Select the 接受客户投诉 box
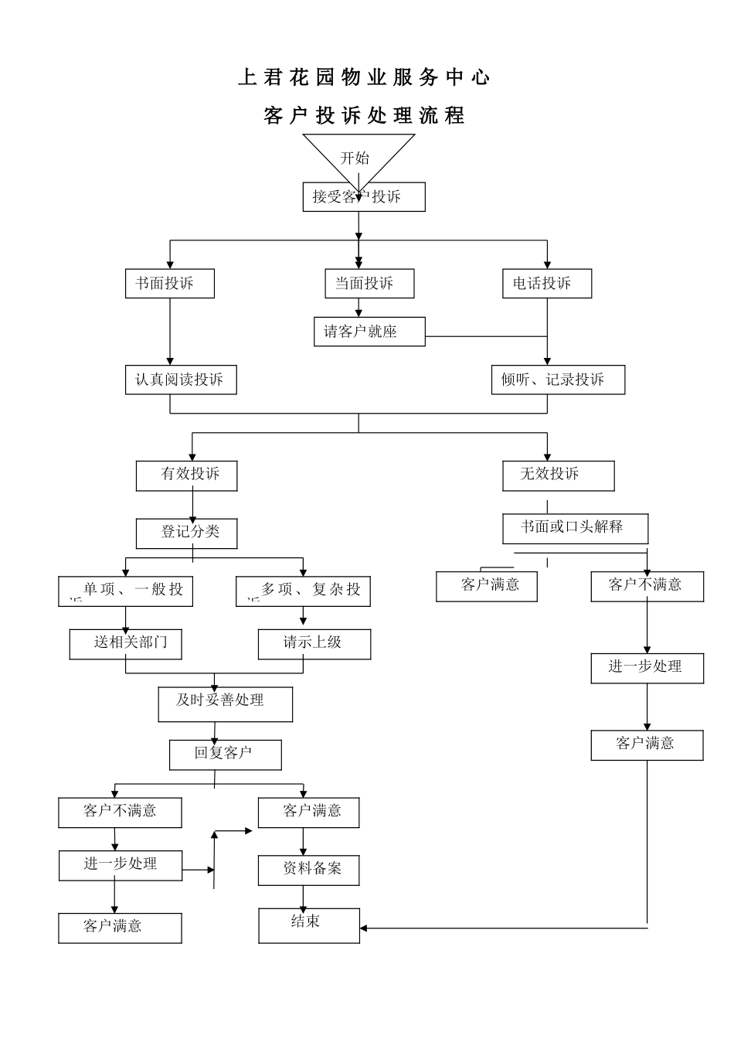[x=363, y=196]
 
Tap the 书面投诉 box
[x=169, y=284]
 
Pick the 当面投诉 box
[x=369, y=284]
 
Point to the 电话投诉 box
[x=546, y=284]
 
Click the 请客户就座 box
[x=369, y=332]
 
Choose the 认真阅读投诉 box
[x=181, y=380]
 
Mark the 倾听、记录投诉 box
[x=558, y=380]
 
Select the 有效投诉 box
[x=186, y=475]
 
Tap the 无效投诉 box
[x=558, y=475]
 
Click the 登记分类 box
[x=186, y=533]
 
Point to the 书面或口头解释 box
[x=575, y=528]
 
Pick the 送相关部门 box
[x=125, y=644]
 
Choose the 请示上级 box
[x=314, y=644]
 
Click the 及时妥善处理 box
[x=225, y=704]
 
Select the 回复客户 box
[x=225, y=755]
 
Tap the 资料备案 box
[x=308, y=870]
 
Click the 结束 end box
[x=308, y=925]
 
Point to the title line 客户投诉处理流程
[x=364, y=116]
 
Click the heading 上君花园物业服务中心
[x=364, y=77]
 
